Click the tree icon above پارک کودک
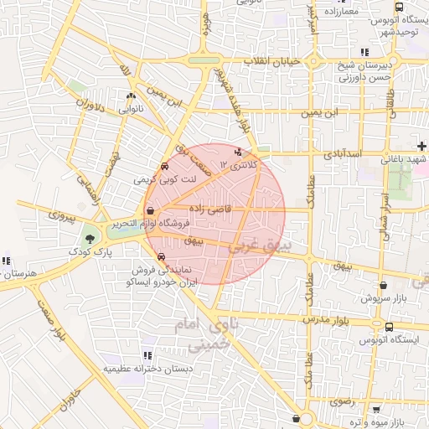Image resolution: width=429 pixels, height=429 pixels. [90, 240]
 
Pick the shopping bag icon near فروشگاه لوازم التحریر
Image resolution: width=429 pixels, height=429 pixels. [149, 211]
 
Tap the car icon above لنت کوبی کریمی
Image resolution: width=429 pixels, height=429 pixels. [163, 167]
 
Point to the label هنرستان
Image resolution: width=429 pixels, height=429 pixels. [17, 274]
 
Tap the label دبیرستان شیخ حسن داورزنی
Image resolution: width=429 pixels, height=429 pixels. [364, 71]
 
